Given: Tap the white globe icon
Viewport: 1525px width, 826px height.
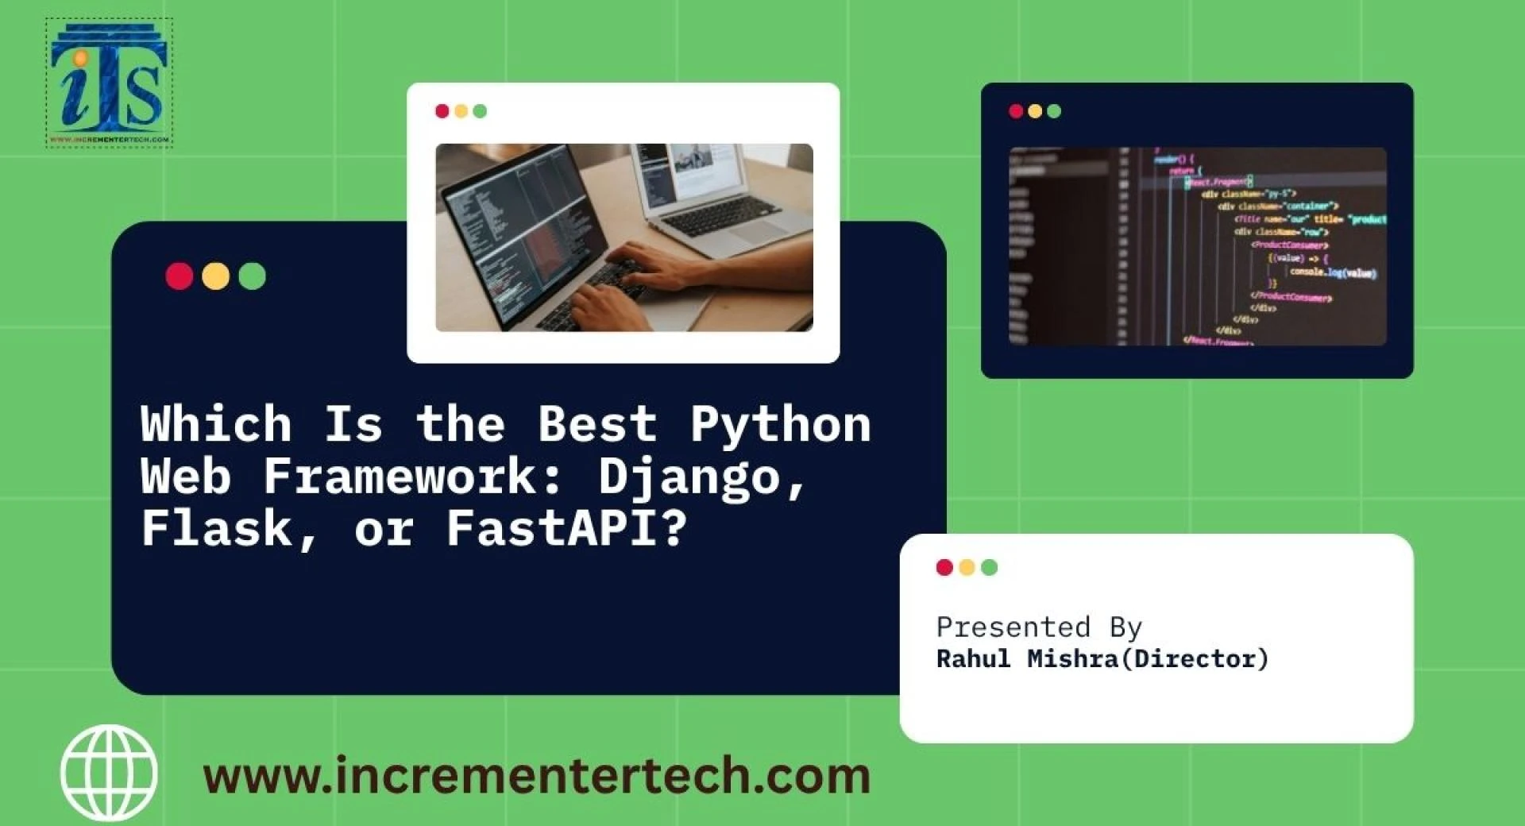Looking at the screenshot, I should (x=109, y=772).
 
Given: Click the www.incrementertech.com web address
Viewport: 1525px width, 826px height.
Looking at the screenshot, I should (x=537, y=776).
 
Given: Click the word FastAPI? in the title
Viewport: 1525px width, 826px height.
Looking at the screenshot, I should (x=566, y=529).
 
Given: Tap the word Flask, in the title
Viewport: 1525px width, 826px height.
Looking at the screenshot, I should (x=230, y=529).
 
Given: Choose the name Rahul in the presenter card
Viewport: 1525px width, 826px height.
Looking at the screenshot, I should (x=973, y=659).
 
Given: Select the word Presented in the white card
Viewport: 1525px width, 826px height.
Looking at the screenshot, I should (x=1013, y=627).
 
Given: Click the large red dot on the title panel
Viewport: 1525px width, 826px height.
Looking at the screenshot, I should (x=180, y=276).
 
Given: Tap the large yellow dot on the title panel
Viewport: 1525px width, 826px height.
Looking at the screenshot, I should (x=215, y=276).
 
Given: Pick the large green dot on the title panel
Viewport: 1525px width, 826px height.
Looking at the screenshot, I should (x=252, y=276).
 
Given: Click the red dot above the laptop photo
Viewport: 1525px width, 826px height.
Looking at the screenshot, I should (x=442, y=111).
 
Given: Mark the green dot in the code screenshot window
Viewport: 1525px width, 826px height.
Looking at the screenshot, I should (x=1054, y=111).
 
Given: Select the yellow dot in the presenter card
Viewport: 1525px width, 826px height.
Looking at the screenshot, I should (x=967, y=567).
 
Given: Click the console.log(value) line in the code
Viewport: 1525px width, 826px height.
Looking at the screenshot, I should (x=1333, y=272).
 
